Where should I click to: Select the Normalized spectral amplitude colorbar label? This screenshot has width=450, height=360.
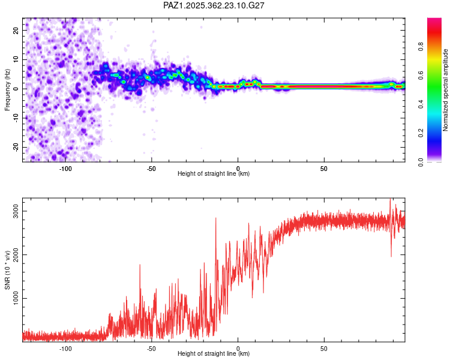click(446, 90)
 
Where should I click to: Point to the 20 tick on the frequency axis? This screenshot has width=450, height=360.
click(16, 29)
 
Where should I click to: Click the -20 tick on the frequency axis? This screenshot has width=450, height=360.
click(16, 147)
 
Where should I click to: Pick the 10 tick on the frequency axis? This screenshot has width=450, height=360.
click(16, 59)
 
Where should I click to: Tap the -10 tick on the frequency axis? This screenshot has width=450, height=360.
click(16, 118)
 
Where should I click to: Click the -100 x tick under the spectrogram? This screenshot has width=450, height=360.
click(65, 168)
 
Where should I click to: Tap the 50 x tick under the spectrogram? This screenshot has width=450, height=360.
click(323, 168)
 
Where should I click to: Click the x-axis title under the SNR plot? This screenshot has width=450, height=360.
click(214, 354)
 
